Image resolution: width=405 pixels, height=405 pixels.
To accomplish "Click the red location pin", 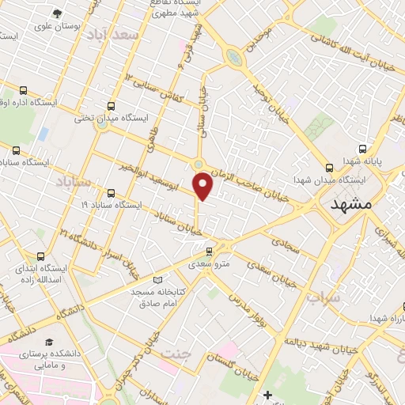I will tap(203, 185).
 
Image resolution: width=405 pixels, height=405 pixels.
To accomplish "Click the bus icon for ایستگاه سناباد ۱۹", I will tap(110, 192).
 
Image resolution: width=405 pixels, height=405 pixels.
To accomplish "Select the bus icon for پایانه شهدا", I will tap(362, 148).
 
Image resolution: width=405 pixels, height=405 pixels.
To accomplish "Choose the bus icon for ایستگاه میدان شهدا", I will tap(329, 167).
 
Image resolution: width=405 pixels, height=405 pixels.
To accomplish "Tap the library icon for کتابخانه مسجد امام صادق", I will tap(158, 281).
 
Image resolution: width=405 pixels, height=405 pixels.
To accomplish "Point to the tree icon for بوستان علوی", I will tap(56, 13).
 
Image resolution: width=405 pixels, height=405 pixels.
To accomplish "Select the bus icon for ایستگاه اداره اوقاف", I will tap(24, 90).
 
